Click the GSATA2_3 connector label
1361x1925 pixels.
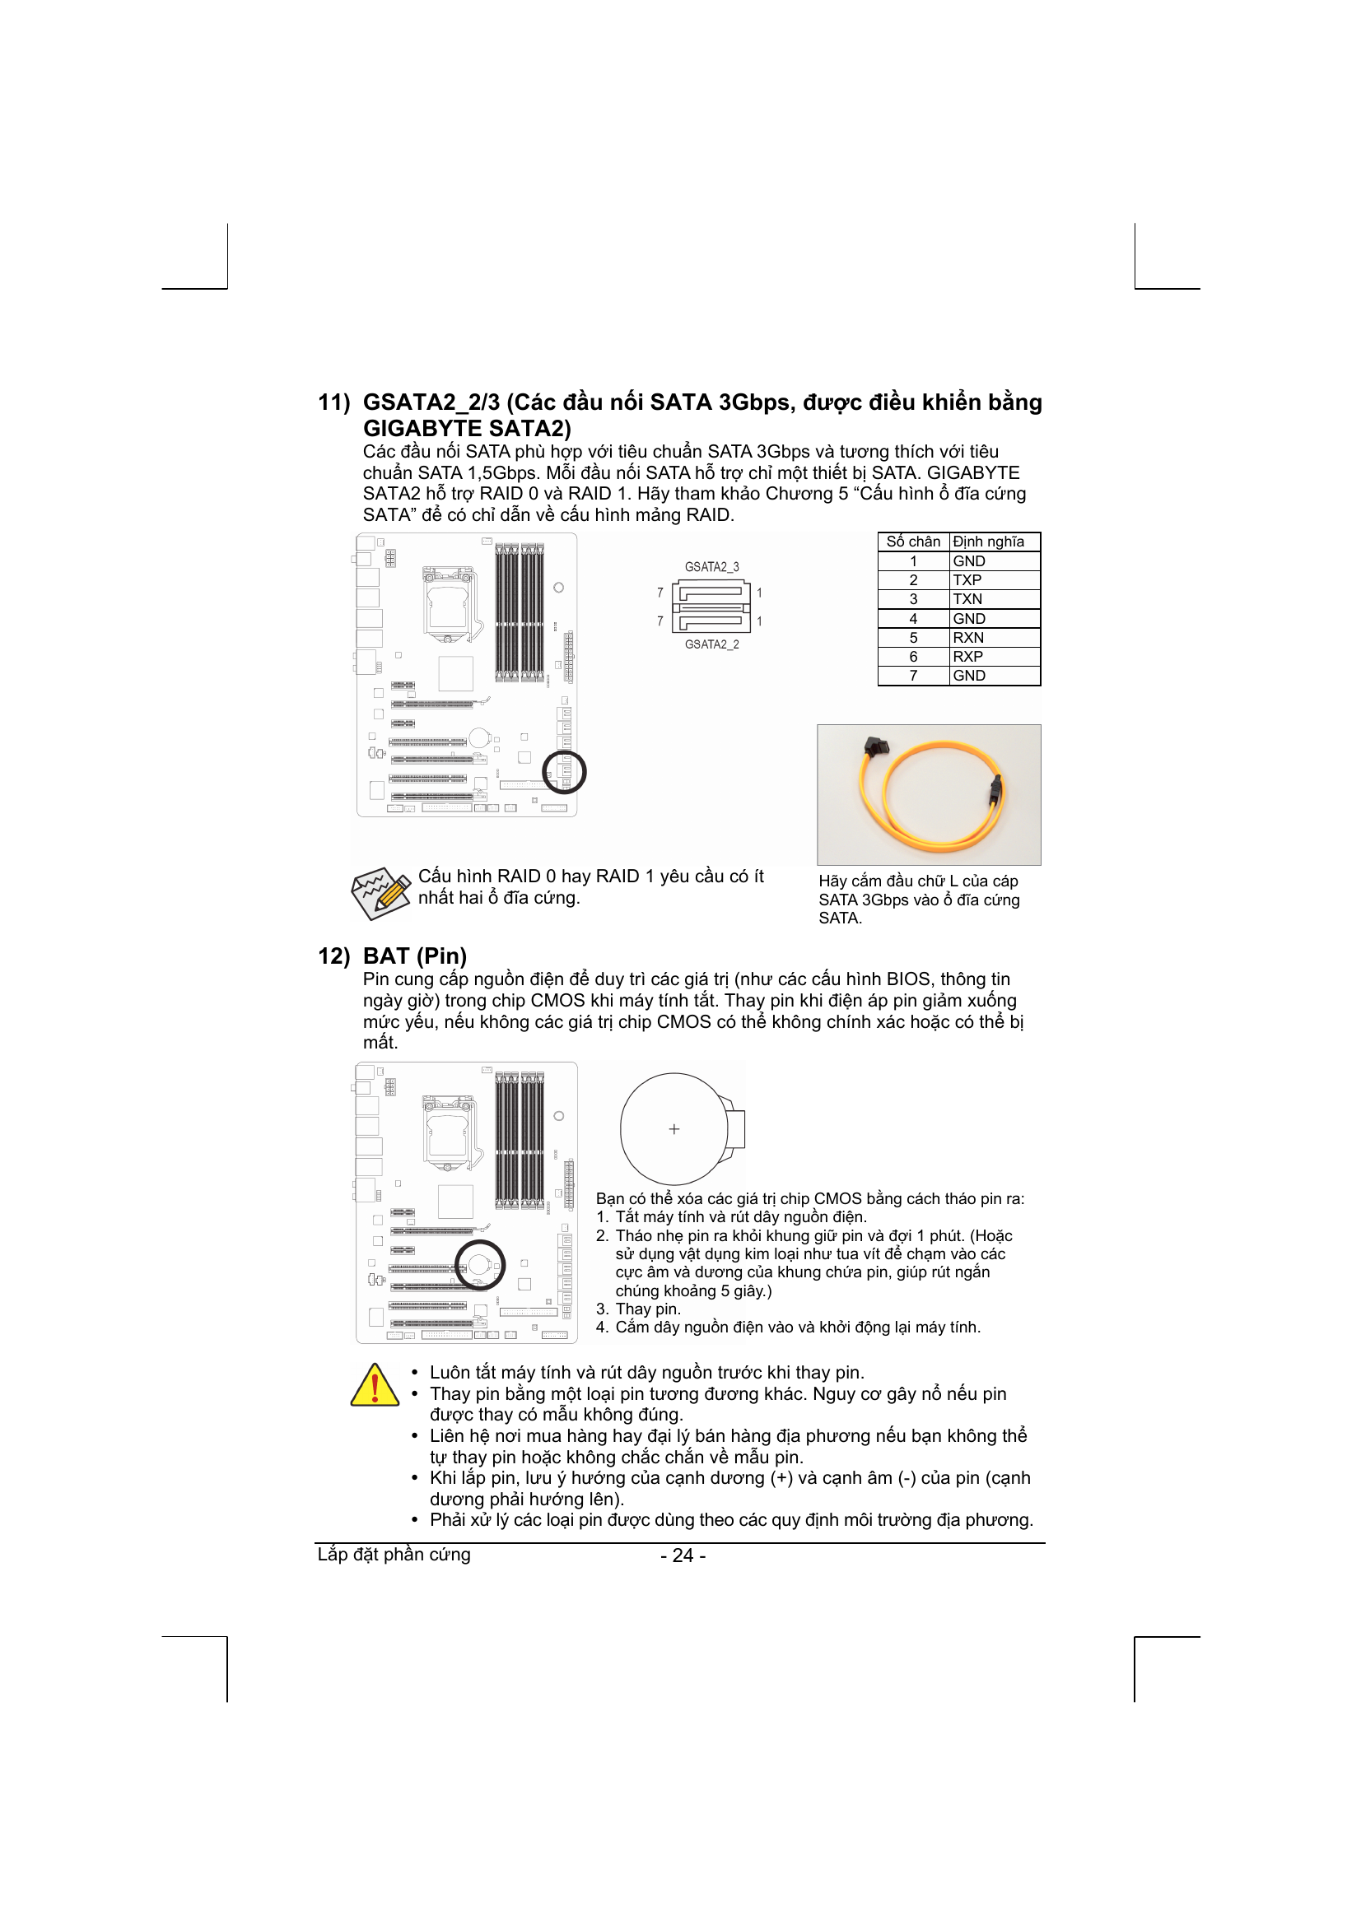(711, 567)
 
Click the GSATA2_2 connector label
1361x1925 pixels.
(711, 644)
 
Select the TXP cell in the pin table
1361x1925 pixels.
(967, 580)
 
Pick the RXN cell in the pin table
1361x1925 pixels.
(967, 637)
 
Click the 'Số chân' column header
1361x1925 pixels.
(913, 542)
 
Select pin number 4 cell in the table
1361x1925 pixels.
(913, 619)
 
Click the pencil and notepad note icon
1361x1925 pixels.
(380, 892)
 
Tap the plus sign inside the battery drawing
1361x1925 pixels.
(674, 1129)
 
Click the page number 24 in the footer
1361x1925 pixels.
(683, 1555)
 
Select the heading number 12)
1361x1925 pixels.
(333, 956)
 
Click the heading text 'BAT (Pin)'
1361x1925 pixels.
(414, 956)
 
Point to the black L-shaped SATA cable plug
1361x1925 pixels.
(874, 746)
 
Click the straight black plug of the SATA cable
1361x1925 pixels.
(995, 788)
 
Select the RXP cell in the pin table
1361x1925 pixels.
(967, 657)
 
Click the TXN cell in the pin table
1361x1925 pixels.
(967, 599)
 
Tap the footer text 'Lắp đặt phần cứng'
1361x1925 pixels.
(394, 1555)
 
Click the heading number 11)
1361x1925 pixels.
(333, 402)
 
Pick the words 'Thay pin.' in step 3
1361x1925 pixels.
(647, 1309)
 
